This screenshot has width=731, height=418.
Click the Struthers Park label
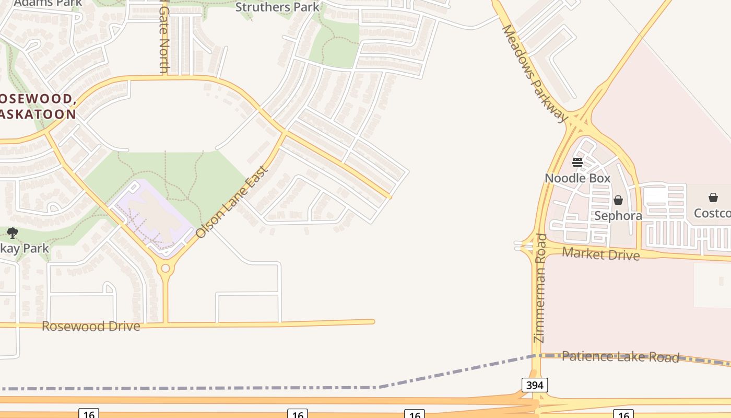coord(277,7)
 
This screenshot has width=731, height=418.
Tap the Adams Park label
coord(48,3)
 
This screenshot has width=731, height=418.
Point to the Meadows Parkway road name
coord(534,73)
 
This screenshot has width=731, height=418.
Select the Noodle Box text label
coord(577,178)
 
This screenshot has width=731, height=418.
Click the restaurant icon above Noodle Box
coord(577,162)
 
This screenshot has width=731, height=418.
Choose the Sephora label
coord(618,216)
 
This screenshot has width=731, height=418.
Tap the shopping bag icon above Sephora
coord(618,200)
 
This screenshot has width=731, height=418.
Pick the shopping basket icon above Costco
coord(713,198)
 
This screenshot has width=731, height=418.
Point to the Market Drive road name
coord(600,254)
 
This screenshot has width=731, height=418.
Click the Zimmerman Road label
coord(540,288)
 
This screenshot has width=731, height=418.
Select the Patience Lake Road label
coord(620,357)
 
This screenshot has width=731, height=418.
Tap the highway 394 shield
coord(535,386)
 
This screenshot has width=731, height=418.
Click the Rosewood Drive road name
coord(91,327)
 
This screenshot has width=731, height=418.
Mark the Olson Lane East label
coord(232,202)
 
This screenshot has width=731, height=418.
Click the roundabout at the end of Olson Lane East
coord(166,269)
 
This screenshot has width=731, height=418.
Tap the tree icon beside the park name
coord(13,233)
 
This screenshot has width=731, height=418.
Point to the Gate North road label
coord(164,39)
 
